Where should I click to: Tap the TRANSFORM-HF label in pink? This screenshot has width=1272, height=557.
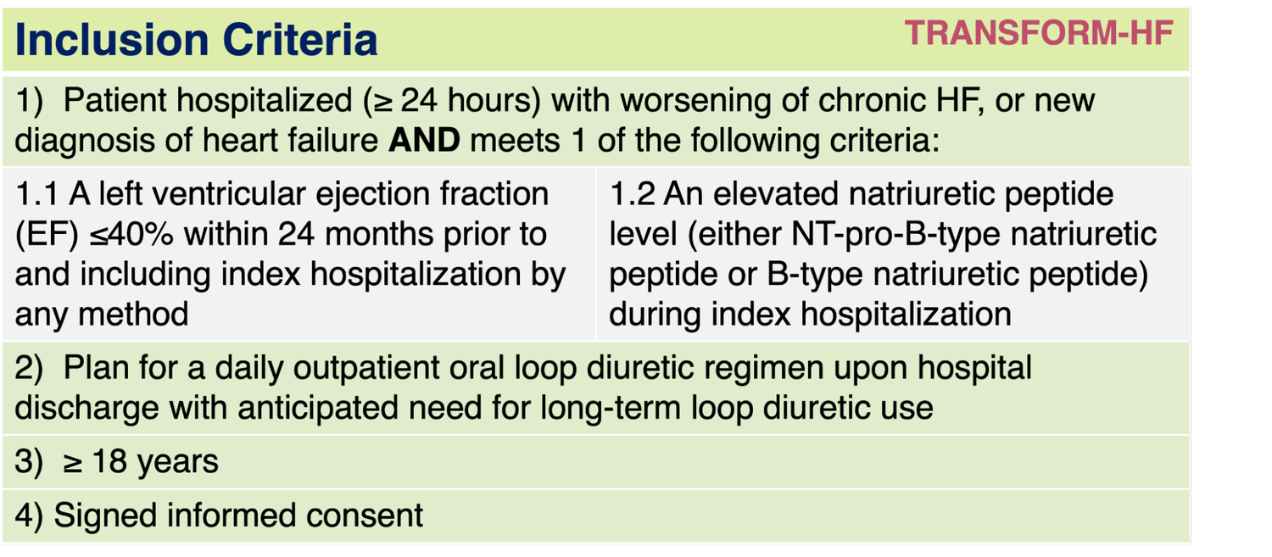1039,34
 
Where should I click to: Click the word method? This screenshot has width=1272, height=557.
133,315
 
